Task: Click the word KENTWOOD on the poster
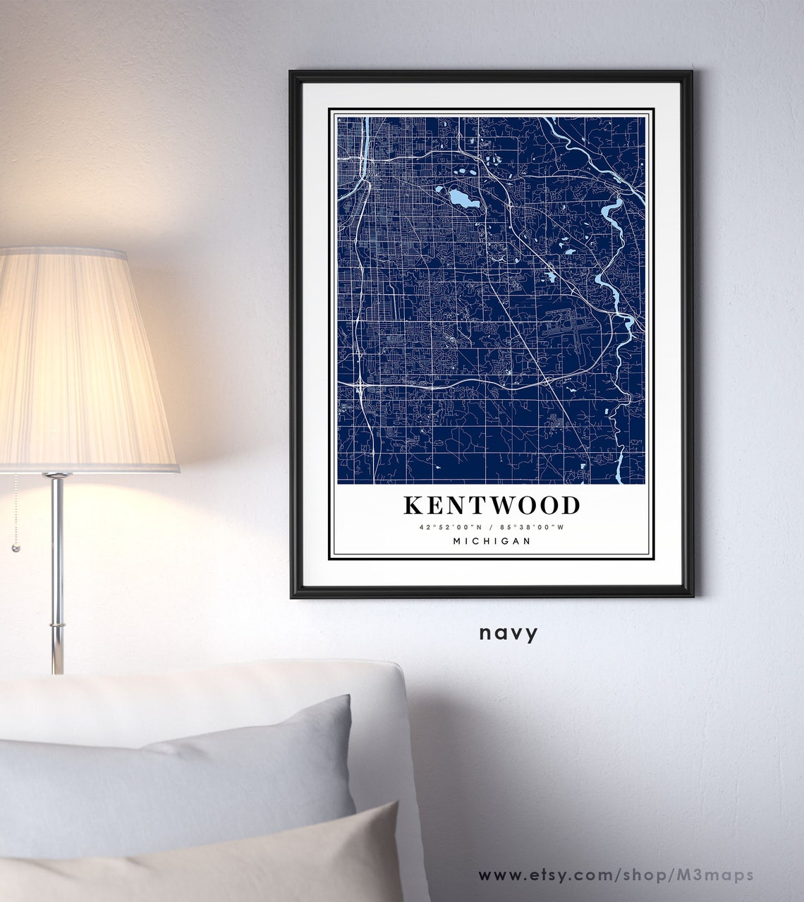click(492, 505)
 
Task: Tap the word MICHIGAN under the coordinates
click(492, 541)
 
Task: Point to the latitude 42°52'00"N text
click(449, 527)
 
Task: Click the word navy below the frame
click(508, 633)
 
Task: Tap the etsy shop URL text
click(616, 875)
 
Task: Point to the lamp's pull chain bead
click(14, 547)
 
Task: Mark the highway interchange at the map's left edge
click(360, 385)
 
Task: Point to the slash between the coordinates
click(492, 527)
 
